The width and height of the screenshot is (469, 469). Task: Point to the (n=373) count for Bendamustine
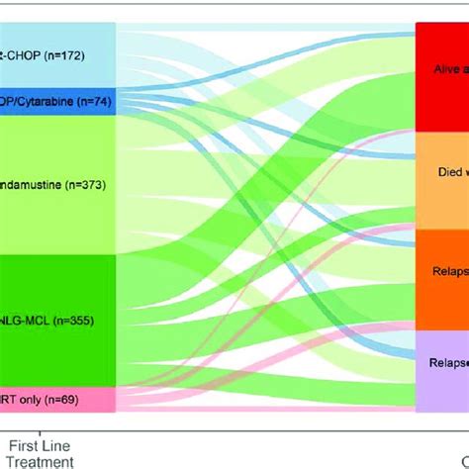pos(86,184)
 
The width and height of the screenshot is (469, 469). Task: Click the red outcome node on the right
pos(441,79)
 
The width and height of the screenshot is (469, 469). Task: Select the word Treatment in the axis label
pos(41,460)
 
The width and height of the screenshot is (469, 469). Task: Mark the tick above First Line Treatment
pos(41,431)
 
